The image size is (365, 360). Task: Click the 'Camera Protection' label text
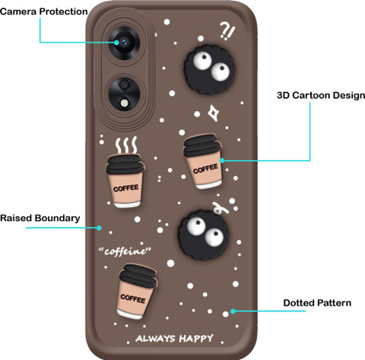point(44,11)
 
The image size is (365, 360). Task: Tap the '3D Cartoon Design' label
point(321,96)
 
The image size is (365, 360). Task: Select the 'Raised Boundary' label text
point(40,218)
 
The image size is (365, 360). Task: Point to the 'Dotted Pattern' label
point(317,303)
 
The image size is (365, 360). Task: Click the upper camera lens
point(124,43)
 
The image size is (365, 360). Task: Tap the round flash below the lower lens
point(125,103)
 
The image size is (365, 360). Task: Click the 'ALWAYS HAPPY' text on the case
point(174,339)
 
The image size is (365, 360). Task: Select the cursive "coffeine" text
point(125,251)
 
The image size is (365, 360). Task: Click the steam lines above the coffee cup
point(126,145)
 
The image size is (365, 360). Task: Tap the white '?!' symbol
point(227,31)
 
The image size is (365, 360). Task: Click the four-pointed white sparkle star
point(214,113)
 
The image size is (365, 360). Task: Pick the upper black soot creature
point(209,69)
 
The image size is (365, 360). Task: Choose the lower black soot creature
point(203,235)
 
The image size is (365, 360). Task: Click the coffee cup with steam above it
point(125,181)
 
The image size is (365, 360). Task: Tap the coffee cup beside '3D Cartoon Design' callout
point(203,162)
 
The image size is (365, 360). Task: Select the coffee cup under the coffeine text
point(137,292)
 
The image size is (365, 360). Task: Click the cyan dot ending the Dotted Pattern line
point(233,311)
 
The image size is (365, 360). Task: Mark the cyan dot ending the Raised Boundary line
point(99,228)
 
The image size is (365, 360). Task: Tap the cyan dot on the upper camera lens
point(116,43)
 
